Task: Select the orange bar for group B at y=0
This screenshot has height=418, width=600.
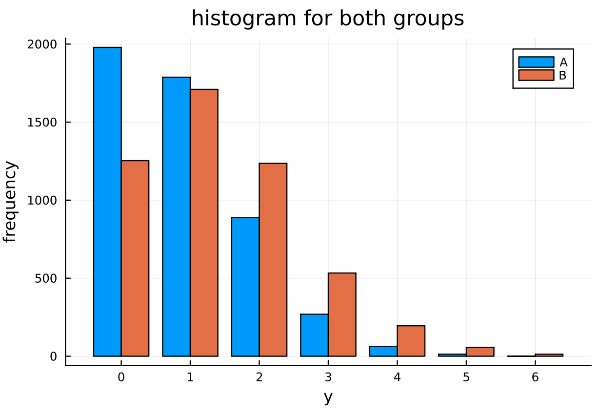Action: (135, 258)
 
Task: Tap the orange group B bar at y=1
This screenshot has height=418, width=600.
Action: (204, 223)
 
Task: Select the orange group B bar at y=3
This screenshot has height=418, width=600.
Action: (342, 314)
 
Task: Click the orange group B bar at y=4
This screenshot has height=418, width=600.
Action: (411, 341)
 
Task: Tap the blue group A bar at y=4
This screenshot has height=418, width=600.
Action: (383, 351)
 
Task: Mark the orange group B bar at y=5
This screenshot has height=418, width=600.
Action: (480, 352)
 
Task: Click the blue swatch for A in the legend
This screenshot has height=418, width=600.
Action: (536, 62)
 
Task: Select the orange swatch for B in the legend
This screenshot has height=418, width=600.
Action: (536, 75)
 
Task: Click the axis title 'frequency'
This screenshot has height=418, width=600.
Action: (10, 201)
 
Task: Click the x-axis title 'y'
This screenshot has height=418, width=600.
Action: (328, 398)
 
